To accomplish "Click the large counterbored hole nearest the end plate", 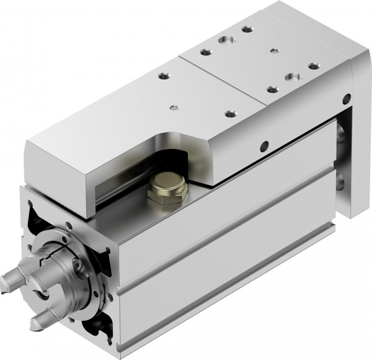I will click(292, 78).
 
